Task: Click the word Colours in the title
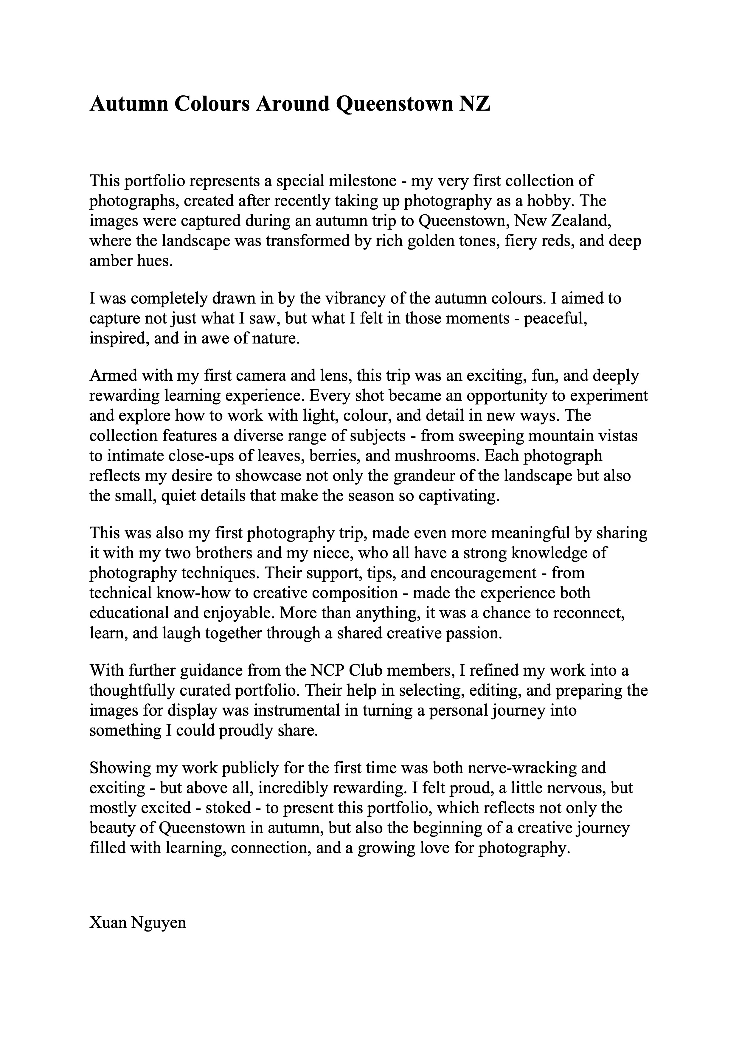tap(212, 104)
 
